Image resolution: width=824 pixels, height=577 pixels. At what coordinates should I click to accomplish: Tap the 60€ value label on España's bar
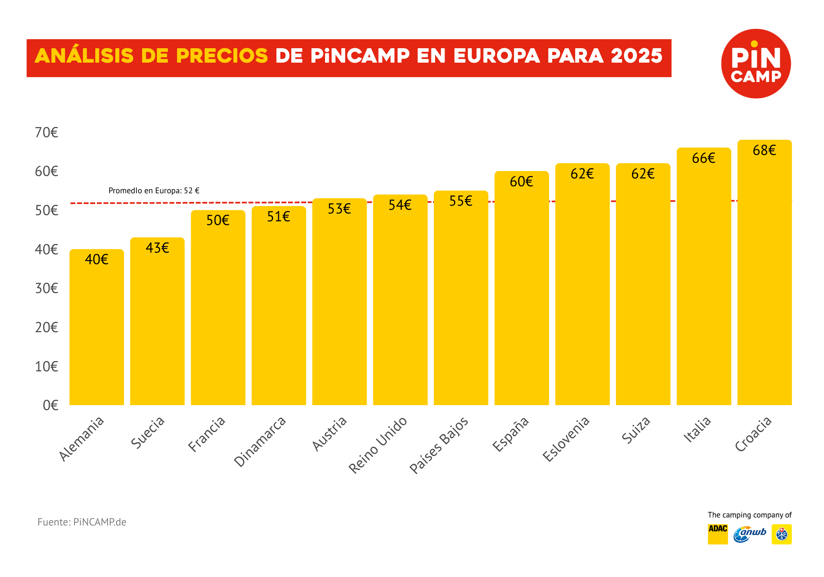tap(521, 182)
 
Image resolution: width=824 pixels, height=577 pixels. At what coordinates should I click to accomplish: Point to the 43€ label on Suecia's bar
tap(157, 248)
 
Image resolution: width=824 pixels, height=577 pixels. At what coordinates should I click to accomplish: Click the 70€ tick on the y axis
tap(47, 132)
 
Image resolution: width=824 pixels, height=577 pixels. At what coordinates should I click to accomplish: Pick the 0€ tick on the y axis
tap(50, 405)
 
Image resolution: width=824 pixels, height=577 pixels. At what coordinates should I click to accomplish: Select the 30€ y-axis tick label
tap(47, 288)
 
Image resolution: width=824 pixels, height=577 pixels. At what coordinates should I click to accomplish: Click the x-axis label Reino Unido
tap(378, 445)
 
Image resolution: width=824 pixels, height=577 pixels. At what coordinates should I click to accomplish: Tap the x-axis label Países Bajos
tap(439, 445)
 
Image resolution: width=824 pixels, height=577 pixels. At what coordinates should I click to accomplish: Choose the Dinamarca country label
tap(260, 441)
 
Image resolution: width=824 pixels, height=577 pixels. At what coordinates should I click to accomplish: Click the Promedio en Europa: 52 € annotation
tap(154, 191)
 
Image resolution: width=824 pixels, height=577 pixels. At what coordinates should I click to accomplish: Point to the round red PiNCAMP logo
tap(756, 63)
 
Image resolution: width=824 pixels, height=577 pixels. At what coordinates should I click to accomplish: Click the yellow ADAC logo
tap(717, 534)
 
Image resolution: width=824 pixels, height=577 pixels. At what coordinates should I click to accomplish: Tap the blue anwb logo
tap(750, 534)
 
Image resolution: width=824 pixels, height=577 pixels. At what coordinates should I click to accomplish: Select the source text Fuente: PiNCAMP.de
tap(82, 522)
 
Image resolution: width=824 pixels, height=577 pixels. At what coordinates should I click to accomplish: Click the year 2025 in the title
tap(637, 56)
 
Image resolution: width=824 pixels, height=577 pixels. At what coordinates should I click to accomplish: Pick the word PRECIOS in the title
tap(222, 56)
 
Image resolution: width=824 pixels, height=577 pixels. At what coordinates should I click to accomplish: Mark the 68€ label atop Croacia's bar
tap(764, 150)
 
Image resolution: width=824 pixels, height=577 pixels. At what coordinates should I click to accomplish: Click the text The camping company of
tap(749, 515)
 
